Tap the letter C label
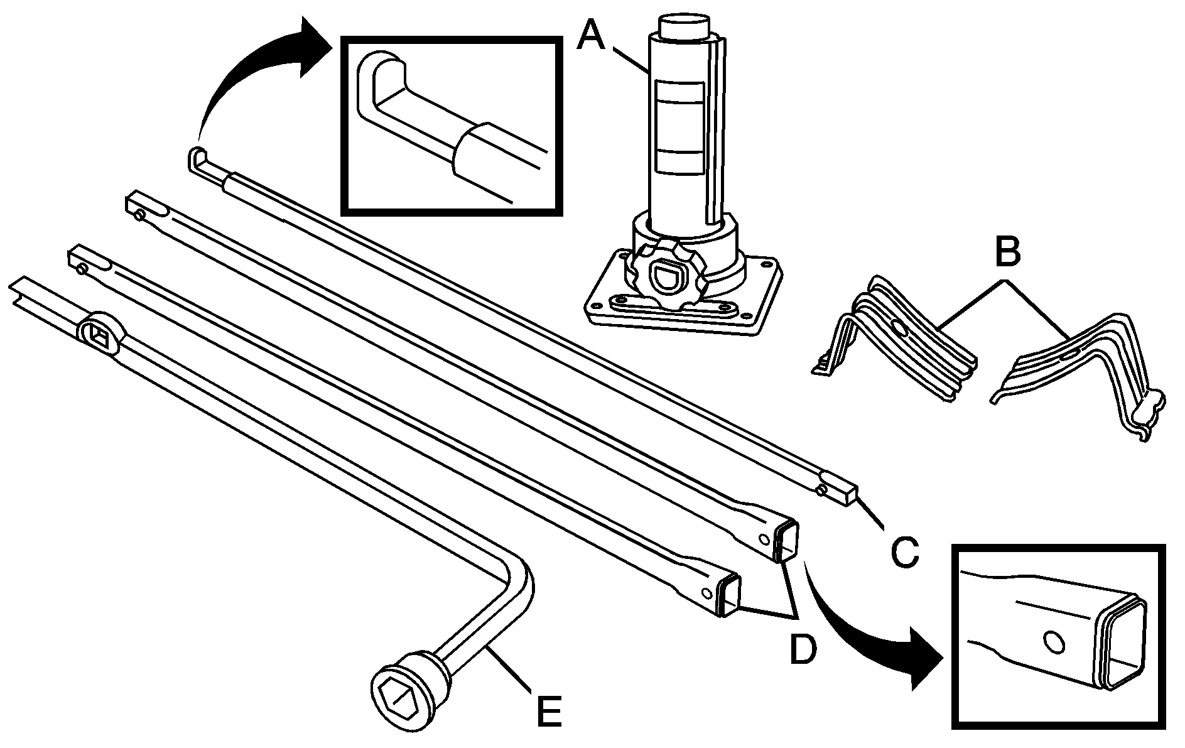904,550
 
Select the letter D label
802,648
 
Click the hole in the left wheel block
899,328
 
